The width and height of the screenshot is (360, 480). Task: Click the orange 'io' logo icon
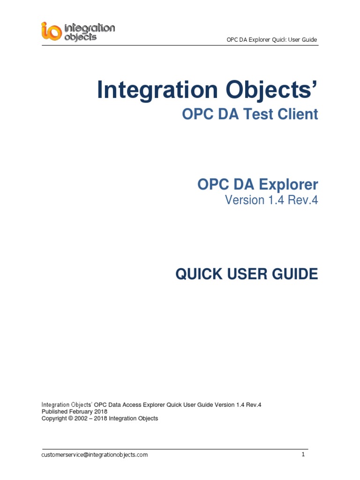pos(51,31)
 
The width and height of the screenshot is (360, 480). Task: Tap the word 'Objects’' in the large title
pos(272,90)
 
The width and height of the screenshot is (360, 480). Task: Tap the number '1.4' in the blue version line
pos(277,200)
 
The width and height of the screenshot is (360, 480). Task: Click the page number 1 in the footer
pos(303,454)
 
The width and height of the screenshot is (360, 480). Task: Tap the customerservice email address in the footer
pos(95,455)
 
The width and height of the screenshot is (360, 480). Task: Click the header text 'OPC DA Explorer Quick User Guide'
pos(272,39)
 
